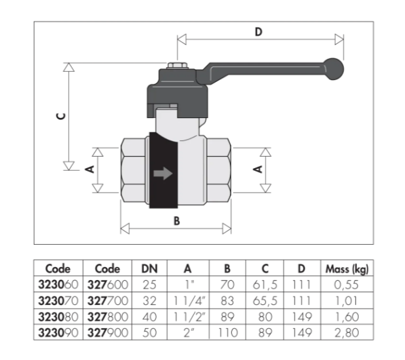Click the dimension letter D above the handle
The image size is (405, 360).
click(x=258, y=32)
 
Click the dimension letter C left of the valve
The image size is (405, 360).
click(x=61, y=117)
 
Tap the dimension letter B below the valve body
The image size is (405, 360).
click(x=176, y=221)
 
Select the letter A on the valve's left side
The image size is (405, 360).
click(x=90, y=169)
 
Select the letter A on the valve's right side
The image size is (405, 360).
click(x=258, y=169)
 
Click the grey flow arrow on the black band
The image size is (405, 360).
click(x=163, y=174)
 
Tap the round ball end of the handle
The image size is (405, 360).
click(x=334, y=69)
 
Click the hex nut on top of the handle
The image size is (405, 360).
click(x=177, y=65)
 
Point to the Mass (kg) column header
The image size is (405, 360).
click(x=347, y=269)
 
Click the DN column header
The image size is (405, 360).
click(x=149, y=269)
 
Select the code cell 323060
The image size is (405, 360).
click(x=58, y=285)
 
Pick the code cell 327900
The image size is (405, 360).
click(x=108, y=333)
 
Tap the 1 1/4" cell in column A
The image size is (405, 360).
click(x=189, y=301)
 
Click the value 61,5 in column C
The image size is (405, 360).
click(x=265, y=285)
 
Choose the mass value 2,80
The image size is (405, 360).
click(x=347, y=333)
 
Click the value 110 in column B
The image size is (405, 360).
click(x=227, y=333)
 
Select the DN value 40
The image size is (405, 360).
click(x=149, y=317)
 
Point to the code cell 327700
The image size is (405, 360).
click(x=108, y=300)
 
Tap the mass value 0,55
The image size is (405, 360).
click(x=347, y=285)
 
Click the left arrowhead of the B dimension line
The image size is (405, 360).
click(x=125, y=228)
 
